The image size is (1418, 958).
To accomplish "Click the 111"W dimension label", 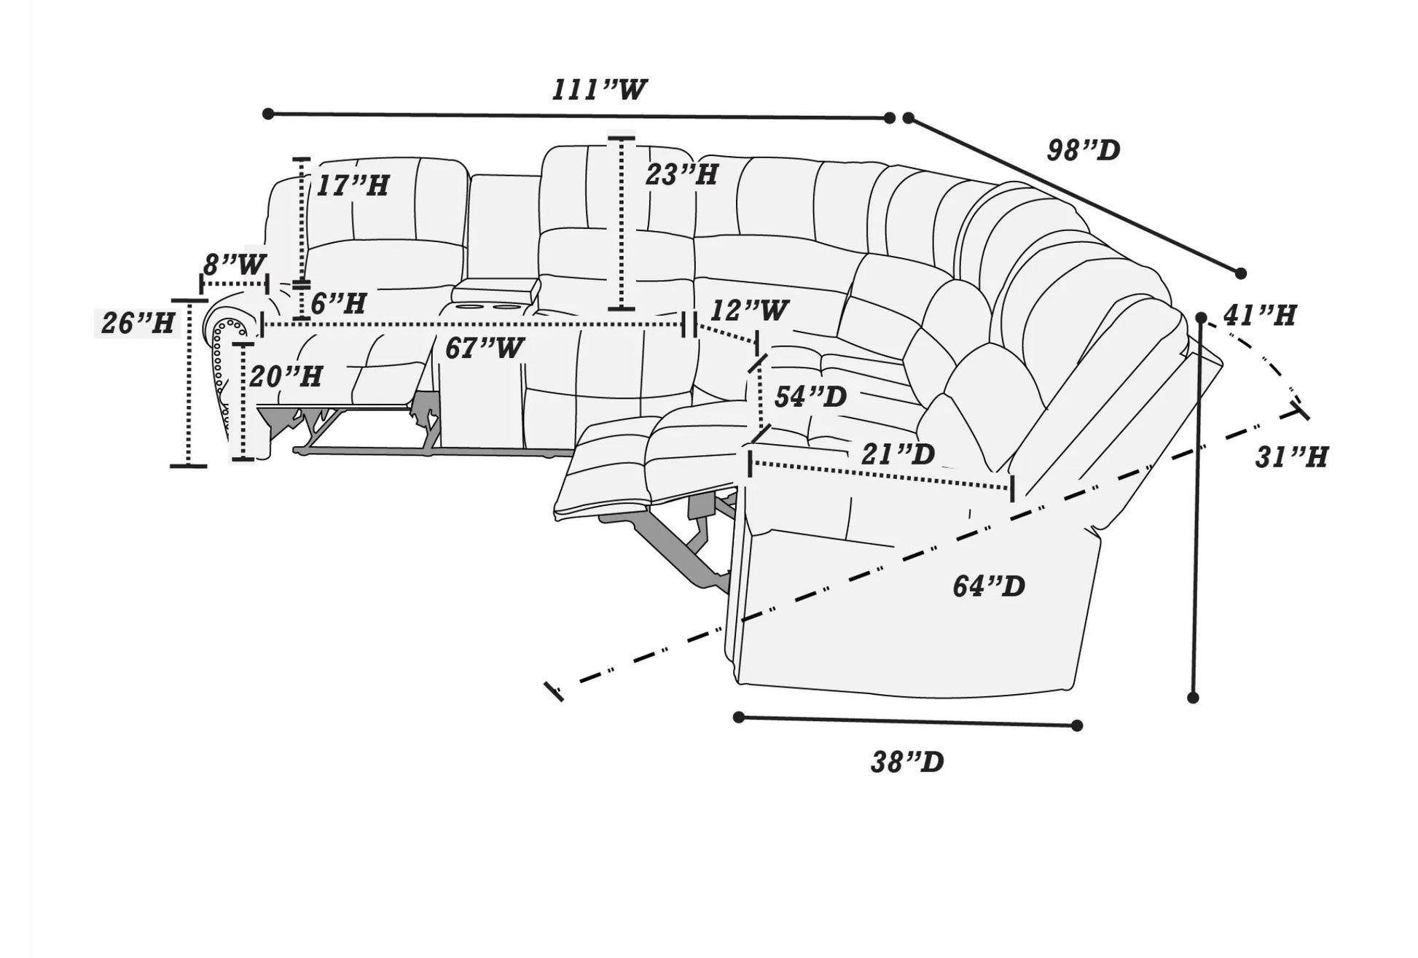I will [599, 90].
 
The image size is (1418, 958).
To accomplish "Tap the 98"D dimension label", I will [1083, 151].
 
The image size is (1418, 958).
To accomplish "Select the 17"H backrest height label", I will [352, 186].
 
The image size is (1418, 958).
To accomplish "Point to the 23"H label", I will [682, 175].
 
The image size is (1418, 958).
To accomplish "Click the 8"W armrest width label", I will [234, 265].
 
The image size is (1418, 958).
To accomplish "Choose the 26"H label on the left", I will [138, 323].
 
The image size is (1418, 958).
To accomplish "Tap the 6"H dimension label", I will [338, 303].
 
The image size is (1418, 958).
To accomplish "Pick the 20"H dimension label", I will [286, 377].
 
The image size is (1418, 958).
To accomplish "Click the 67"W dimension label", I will [484, 348].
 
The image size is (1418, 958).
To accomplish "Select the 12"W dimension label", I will [749, 311].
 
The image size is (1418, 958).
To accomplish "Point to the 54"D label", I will [810, 397].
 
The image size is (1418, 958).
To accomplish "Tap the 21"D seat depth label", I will [898, 455].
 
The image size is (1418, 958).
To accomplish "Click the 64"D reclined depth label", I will [989, 586].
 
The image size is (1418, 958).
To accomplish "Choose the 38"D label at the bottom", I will [907, 763].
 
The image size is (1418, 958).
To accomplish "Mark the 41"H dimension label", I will [1260, 316].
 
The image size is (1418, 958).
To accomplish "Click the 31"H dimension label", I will [1291, 458].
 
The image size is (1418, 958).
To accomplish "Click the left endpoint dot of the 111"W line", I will [268, 114].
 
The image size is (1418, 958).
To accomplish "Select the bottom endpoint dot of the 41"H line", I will [1193, 698].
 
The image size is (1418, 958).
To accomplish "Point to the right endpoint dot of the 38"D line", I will [1077, 725].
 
